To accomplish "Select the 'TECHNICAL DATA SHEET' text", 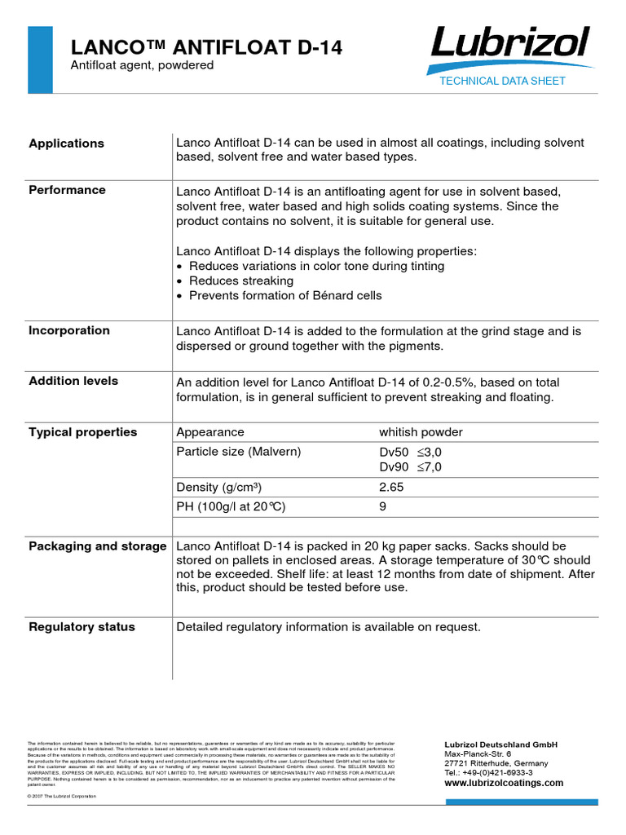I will point(502,81).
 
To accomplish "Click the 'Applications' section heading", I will point(67,144).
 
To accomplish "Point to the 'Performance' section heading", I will point(68,190).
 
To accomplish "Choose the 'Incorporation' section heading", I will point(69,330).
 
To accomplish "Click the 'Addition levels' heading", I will point(73,381).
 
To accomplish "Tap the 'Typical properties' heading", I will point(83,432).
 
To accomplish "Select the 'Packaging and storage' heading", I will point(98,546).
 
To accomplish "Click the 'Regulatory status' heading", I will point(82,627).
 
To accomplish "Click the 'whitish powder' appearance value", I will point(421,432).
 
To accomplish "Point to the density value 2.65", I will point(391,487).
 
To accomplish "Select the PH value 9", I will point(383,506).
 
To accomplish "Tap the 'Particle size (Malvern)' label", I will point(238,452).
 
